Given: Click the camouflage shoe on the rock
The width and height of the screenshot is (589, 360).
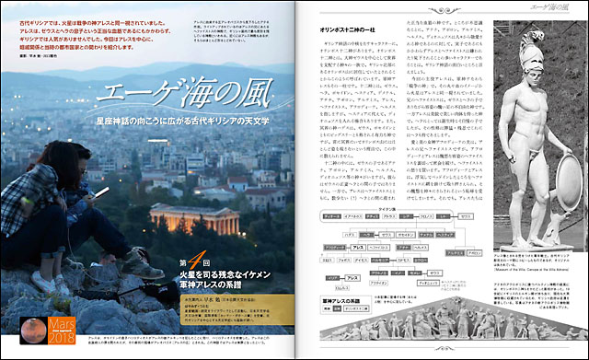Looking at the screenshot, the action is [144, 265].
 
